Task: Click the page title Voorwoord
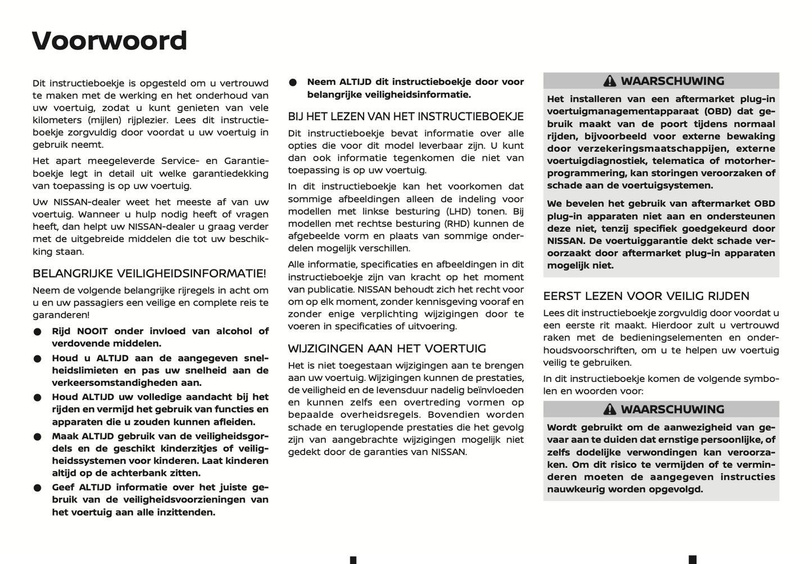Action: [110, 40]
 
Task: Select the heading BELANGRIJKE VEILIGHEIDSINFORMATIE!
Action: [149, 274]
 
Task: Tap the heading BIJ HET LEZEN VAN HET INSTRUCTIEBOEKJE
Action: [406, 116]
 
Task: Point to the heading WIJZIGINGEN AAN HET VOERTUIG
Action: [387, 348]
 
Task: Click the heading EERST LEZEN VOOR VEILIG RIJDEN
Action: [646, 296]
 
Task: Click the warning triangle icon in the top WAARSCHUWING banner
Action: [610, 81]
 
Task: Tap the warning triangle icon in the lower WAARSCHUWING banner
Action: [610, 409]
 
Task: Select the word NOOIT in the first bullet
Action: [92, 331]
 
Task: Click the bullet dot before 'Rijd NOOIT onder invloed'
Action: [38, 332]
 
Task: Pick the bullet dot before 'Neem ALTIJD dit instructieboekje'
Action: [293, 82]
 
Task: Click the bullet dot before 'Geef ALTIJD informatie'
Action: [38, 488]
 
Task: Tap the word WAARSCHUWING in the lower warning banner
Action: [672, 409]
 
